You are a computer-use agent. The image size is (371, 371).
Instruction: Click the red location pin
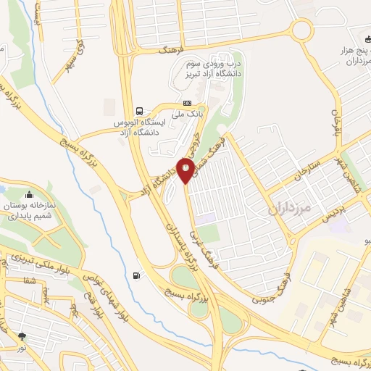tap(186, 170)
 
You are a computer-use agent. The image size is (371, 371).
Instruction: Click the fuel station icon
tap(137, 275)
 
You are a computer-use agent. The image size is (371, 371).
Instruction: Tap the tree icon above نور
tap(22, 335)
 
